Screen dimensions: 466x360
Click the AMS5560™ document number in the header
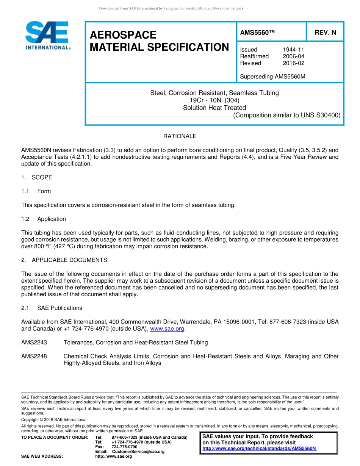click(257, 33)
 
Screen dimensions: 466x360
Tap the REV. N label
click(325, 33)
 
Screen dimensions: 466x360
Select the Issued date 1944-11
click(293, 50)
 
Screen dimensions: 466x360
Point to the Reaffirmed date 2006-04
click(293, 56)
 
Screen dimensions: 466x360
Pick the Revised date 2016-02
click(293, 63)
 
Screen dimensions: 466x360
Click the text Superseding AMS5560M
click(272, 77)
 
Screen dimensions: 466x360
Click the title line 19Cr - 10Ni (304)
click(214, 100)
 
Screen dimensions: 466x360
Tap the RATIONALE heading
click(180, 136)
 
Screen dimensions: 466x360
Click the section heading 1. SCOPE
click(37, 178)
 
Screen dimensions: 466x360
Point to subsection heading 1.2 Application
click(44, 219)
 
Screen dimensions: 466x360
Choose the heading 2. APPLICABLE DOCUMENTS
click(64, 260)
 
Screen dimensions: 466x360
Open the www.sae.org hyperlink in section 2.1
click(167, 329)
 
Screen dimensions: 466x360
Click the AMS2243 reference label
click(34, 342)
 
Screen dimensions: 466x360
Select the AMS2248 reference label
click(34, 356)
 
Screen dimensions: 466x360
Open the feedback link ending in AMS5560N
click(259, 449)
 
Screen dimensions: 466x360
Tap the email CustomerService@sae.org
click(138, 452)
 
